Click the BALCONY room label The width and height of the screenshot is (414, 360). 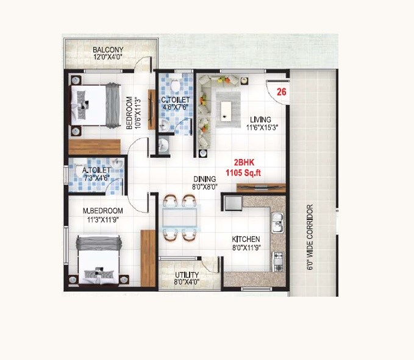108,49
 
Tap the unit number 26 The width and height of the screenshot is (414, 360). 281,92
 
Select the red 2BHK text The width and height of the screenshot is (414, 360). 239,163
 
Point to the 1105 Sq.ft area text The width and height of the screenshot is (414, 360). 243,172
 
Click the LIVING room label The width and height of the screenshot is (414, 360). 260,119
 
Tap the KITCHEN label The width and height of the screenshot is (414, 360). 246,239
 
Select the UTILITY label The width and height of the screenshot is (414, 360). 187,275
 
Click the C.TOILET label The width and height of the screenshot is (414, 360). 176,100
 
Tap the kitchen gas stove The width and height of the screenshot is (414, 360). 278,261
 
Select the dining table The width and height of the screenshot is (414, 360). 180,219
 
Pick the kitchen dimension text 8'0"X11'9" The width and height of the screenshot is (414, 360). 246,248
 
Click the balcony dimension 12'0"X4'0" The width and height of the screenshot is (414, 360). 108,57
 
